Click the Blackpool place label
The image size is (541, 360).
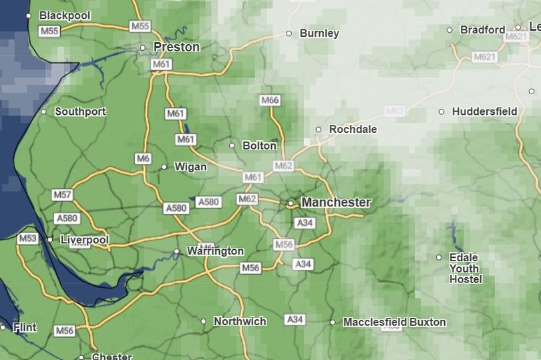tap(64, 15)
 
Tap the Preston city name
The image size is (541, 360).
tap(176, 47)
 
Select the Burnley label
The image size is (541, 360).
tap(319, 33)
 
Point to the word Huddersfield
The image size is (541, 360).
tap(484, 112)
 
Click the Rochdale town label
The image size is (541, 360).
tap(353, 129)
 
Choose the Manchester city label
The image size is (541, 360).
tap(336, 202)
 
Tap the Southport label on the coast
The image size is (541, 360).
tap(80, 112)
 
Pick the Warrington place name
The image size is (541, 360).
tap(215, 251)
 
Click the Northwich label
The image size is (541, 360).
tap(240, 321)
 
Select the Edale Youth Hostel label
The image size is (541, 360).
tap(465, 268)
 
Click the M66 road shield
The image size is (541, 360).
tap(269, 100)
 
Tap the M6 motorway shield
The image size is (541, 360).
tap(143, 158)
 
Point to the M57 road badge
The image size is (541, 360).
tap(61, 194)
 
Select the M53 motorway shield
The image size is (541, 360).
tap(28, 238)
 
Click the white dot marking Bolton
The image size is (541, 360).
tap(232, 146)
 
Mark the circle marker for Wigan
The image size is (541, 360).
tap(164, 167)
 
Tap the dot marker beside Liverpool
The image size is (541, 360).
tap(50, 240)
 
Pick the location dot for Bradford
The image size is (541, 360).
tap(449, 30)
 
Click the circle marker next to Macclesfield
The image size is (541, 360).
tap(333, 323)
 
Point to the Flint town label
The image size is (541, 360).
tap(25, 328)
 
